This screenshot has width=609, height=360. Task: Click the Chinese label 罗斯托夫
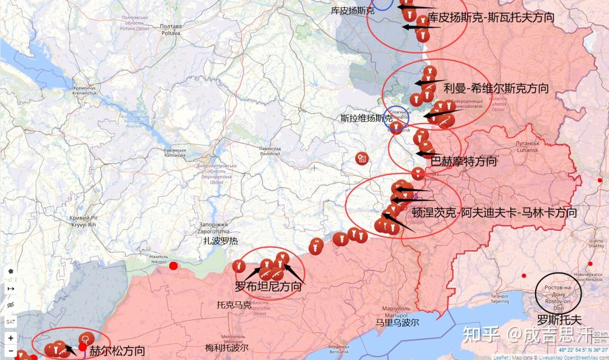(x=558, y=319)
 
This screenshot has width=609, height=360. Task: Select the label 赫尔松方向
(x=117, y=350)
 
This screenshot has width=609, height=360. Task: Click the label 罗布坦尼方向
(x=268, y=286)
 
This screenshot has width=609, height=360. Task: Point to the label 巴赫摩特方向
(x=464, y=161)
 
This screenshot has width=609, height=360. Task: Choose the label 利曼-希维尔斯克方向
(x=496, y=88)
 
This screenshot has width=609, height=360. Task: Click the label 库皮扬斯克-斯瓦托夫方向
(x=491, y=17)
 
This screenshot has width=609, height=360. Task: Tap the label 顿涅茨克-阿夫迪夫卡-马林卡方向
(x=494, y=213)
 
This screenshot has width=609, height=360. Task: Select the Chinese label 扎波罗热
(x=221, y=241)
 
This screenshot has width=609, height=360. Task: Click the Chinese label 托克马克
(x=233, y=305)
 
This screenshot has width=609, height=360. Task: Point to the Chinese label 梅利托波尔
(x=227, y=348)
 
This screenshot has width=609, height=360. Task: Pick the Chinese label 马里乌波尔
(x=398, y=323)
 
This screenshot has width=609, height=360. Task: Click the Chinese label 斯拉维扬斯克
(x=367, y=118)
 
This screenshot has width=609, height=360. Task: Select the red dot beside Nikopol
(x=174, y=266)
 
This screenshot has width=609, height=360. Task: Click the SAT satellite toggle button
(x=11, y=321)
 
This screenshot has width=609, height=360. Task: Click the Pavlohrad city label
(x=269, y=151)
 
